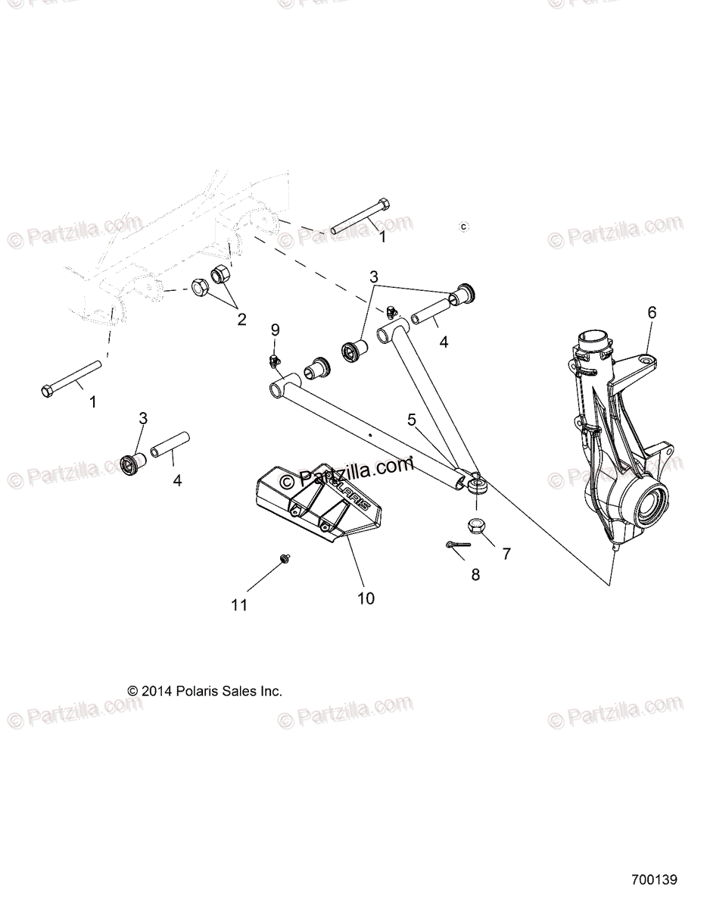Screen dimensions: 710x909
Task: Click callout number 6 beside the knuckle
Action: point(652,312)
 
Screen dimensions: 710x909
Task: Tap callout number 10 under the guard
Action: point(366,598)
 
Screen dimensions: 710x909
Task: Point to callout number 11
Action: point(240,604)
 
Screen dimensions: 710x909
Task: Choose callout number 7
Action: point(506,554)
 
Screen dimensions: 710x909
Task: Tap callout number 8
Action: point(475,574)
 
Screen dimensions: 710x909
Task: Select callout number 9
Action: point(275,330)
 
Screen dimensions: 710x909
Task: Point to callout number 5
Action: point(412,419)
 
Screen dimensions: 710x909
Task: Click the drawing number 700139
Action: point(654,880)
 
